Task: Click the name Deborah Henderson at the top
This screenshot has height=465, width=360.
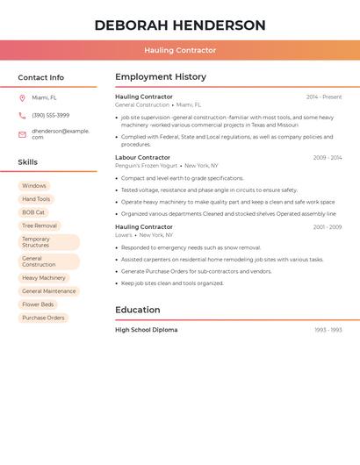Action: (x=180, y=25)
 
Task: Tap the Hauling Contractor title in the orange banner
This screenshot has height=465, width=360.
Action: (x=180, y=51)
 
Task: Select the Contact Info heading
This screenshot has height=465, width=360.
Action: (x=41, y=77)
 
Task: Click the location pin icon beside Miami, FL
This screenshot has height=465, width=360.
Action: (x=22, y=98)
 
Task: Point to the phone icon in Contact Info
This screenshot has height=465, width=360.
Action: (x=22, y=116)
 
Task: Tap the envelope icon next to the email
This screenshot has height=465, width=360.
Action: (x=22, y=134)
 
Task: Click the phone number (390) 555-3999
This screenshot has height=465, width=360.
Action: (x=51, y=116)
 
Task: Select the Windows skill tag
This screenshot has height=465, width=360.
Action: (x=34, y=186)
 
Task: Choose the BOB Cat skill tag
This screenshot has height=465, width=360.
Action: (x=33, y=212)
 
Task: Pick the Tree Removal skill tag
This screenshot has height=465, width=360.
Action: (x=40, y=225)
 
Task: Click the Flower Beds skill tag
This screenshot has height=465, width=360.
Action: (x=38, y=304)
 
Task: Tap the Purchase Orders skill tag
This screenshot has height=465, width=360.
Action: (x=43, y=318)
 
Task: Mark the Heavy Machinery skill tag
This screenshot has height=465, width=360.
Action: (x=44, y=278)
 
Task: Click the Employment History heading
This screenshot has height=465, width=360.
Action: (x=161, y=77)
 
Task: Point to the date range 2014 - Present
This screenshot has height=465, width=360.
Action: (x=324, y=97)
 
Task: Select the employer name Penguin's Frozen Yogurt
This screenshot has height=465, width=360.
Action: (x=147, y=166)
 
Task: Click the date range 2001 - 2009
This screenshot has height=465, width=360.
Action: (x=328, y=227)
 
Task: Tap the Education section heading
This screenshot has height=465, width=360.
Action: (x=138, y=310)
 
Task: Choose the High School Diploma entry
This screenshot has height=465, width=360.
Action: (x=147, y=330)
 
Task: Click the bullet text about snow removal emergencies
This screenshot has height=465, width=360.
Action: (x=191, y=248)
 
